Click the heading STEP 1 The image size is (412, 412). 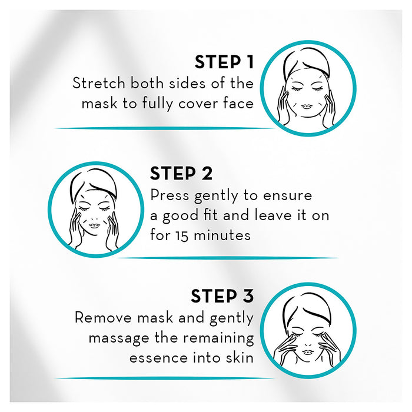coord(224,62)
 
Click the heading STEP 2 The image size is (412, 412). coord(181,174)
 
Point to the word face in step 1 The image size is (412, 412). coord(238,104)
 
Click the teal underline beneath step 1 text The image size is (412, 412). coord(165,128)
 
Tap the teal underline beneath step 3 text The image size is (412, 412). coord(165,378)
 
